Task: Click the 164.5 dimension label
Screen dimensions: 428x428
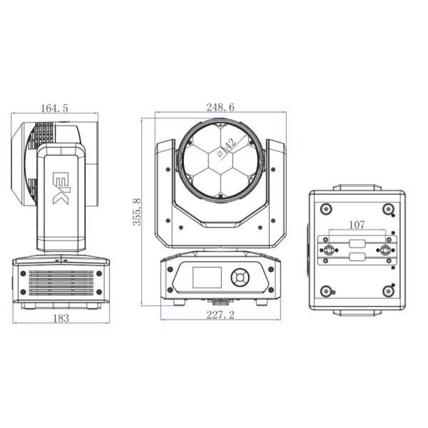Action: point(55,108)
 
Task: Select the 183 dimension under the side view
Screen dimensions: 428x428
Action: point(61,318)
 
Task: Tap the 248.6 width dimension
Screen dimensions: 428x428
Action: point(221,107)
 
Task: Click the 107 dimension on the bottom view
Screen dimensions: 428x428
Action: point(357,225)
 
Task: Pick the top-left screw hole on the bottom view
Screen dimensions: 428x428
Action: point(326,209)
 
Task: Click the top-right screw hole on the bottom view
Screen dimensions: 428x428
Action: point(389,209)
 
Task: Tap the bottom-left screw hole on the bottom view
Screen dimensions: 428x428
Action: point(326,290)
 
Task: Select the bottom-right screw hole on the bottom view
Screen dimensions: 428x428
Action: point(389,290)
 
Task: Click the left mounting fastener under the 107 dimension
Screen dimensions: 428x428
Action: point(329,250)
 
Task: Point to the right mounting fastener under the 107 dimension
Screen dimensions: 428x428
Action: point(386,250)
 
